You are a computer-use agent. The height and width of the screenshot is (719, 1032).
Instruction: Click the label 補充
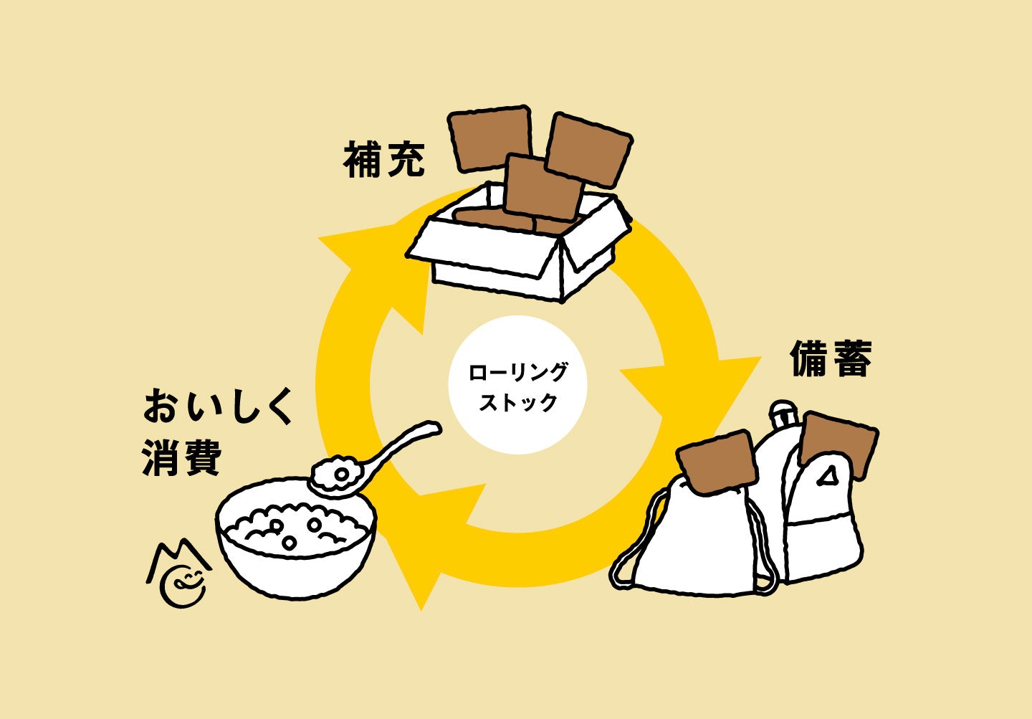point(385,160)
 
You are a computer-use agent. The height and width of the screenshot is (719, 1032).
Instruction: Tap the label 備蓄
point(831,359)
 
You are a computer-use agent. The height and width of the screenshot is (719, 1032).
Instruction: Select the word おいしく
point(219,407)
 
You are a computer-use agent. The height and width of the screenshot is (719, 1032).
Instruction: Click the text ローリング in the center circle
point(517,372)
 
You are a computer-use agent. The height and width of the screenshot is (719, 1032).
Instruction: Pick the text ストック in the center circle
point(517,402)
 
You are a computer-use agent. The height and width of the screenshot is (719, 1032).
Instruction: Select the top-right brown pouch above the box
point(589,149)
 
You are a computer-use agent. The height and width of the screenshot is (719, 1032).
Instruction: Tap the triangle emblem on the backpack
point(829,475)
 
